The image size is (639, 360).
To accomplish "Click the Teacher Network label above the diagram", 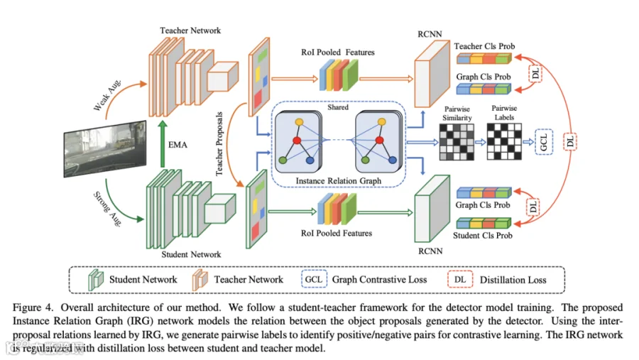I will pyautogui.click(x=190, y=31).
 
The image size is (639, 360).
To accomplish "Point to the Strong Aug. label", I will pyautogui.click(x=106, y=205).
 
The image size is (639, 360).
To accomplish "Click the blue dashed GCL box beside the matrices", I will pyautogui.click(x=542, y=141).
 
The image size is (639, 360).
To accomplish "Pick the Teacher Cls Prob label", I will pyautogui.click(x=486, y=45).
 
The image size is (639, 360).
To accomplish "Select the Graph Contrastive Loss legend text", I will pyautogui.click(x=380, y=280).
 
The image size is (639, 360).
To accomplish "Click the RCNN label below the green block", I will pyautogui.click(x=430, y=250).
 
